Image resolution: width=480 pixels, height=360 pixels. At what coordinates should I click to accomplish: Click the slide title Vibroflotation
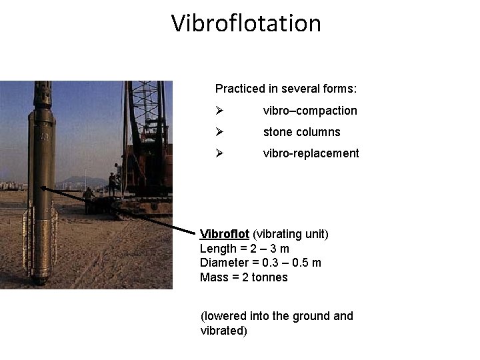tap(246, 23)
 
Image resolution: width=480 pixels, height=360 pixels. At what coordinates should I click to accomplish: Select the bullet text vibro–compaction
tap(310, 111)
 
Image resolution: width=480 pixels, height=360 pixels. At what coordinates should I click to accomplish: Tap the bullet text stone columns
tap(301, 132)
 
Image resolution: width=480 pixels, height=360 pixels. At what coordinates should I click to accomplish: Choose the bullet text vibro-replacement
tap(311, 153)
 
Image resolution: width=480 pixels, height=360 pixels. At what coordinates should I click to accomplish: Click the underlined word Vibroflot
tap(225, 234)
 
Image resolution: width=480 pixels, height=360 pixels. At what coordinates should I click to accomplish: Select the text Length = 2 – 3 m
tap(245, 249)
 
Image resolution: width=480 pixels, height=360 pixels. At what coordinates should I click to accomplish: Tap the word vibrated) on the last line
tap(223, 330)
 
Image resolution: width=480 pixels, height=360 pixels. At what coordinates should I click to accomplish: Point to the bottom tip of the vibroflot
tap(41, 280)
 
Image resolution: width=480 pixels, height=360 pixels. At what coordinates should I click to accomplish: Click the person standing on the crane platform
tap(112, 183)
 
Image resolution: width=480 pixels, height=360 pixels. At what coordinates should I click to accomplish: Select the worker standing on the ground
tap(88, 198)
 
